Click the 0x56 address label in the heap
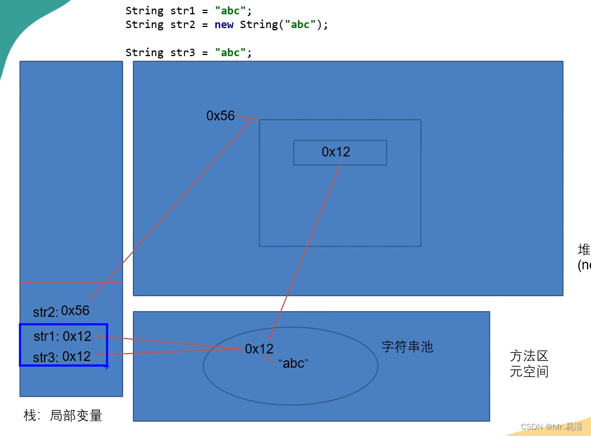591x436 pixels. (x=220, y=116)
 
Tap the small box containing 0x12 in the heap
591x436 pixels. (x=340, y=152)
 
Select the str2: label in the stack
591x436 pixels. (x=45, y=312)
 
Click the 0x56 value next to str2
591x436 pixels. (x=76, y=311)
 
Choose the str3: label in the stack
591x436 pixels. (x=46, y=358)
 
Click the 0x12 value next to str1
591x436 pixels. (x=77, y=336)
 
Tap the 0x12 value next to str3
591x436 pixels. (x=77, y=356)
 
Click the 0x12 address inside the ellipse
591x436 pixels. (x=259, y=349)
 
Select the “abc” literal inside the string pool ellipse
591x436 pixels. (x=293, y=363)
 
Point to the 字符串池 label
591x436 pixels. (x=407, y=347)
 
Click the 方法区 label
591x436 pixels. (x=529, y=356)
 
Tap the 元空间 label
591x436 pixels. (x=529, y=371)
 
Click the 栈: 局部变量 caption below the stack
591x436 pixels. (x=63, y=416)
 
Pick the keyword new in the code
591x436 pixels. (x=224, y=25)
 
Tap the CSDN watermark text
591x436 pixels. (x=551, y=427)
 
